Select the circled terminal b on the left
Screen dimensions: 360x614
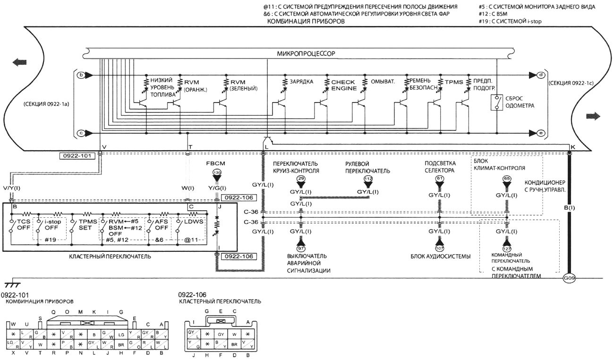click(x=81, y=75)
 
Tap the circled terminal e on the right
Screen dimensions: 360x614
click(x=540, y=133)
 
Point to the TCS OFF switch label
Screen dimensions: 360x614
click(x=23, y=224)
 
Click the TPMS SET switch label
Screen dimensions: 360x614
click(x=85, y=224)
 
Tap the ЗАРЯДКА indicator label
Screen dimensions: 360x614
click(x=301, y=81)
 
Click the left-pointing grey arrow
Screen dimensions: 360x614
click(x=20, y=61)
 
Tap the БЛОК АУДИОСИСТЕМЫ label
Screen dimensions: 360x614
click(x=440, y=257)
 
